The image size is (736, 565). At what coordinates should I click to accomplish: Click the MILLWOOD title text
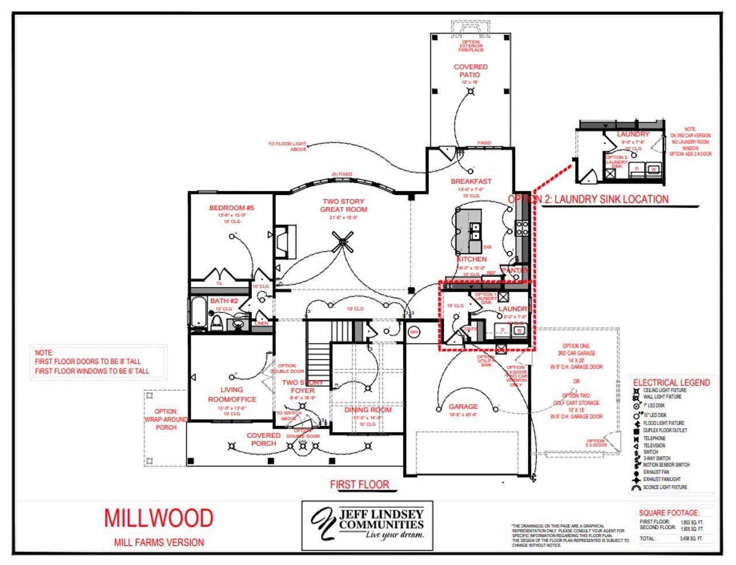159,518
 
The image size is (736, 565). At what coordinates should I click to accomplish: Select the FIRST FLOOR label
359,484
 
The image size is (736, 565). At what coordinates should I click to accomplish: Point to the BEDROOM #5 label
232,208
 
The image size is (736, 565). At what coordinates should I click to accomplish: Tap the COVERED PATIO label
470,71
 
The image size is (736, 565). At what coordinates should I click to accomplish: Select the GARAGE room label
463,406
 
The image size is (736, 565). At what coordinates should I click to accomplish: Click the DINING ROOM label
368,410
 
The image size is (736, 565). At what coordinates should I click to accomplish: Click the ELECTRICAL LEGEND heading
671,383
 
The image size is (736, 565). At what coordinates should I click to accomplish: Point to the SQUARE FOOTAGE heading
669,513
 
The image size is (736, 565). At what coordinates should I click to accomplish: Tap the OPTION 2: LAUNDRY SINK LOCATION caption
588,200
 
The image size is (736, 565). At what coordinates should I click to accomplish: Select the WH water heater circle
413,332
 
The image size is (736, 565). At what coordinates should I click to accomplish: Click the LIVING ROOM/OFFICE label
232,394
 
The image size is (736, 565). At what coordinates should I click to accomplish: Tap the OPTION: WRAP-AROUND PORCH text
166,419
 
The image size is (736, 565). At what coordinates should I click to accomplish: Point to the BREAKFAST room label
471,181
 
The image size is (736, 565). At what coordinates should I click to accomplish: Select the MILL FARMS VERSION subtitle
159,542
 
